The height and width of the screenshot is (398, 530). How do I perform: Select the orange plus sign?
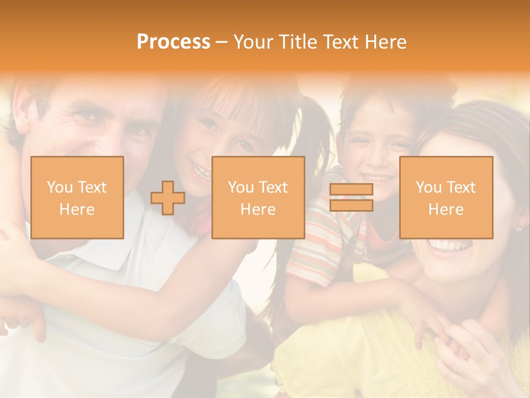tap(168, 197)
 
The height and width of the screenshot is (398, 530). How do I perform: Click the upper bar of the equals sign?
tap(351, 190)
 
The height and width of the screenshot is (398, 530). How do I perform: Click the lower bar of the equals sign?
tap(351, 205)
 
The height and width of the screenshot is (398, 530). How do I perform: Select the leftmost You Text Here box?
tap(77, 197)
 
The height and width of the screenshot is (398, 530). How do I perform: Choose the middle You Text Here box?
tap(258, 197)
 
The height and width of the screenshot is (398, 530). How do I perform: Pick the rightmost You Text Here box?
tap(446, 197)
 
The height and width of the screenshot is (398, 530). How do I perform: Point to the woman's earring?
tap(518, 227)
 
